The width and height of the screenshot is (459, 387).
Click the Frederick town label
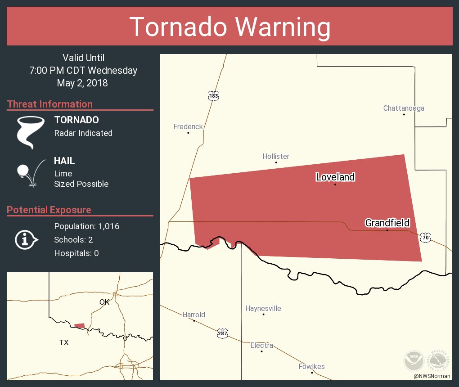coord(188,127)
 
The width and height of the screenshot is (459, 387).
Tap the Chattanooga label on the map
coord(404,108)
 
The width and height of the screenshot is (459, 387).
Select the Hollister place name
coord(276,156)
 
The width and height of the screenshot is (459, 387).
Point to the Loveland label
coord(335,177)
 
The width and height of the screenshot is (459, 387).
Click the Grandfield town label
coord(387,223)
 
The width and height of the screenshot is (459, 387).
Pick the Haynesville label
coord(263,308)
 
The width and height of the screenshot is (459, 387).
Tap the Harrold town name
coord(193,315)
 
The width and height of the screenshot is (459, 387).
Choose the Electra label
coord(261,345)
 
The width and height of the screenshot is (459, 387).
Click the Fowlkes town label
coord(311,367)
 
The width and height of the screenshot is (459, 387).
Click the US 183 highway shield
coord(213,96)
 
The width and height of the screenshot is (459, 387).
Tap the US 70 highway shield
coord(426,237)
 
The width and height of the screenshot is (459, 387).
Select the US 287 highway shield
coord(222,333)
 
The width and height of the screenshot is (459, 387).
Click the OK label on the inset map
coord(104,302)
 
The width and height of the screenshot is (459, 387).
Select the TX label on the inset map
coord(64,342)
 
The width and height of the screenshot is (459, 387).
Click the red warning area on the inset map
coord(80,325)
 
